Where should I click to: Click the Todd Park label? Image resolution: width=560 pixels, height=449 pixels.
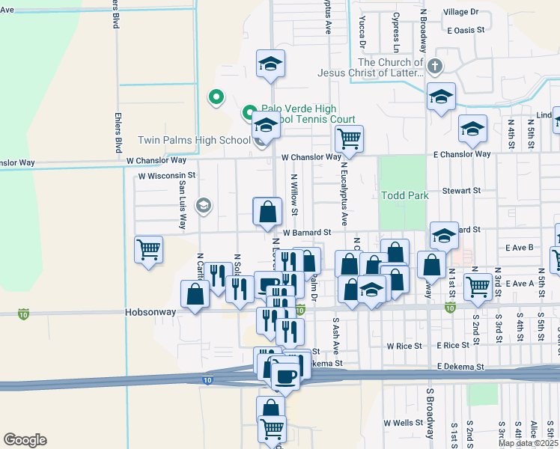(405, 195)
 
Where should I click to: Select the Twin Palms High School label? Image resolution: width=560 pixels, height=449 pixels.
(194, 140)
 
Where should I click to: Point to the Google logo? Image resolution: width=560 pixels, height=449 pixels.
(25, 439)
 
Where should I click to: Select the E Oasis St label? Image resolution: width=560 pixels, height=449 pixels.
(466, 31)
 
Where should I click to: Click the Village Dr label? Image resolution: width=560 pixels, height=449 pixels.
(460, 12)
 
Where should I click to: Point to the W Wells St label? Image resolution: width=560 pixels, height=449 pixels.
(404, 423)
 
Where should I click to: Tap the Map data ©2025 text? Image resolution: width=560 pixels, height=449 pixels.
(529, 443)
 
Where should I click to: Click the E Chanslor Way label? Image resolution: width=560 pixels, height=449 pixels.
(462, 154)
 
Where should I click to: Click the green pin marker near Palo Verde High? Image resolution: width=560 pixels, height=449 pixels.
(216, 97)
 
